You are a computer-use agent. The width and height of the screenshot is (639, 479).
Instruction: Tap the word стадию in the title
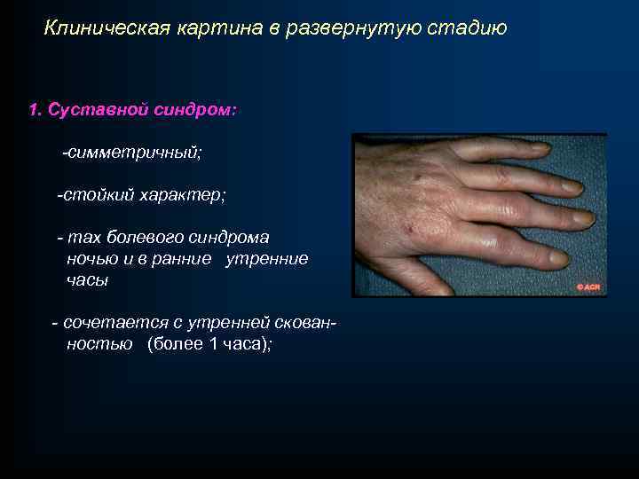point(467,28)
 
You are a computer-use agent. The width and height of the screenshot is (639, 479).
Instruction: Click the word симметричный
point(134,153)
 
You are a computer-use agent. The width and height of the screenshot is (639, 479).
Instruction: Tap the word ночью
point(92,258)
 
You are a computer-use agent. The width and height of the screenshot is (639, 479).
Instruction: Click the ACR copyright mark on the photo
point(589,287)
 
